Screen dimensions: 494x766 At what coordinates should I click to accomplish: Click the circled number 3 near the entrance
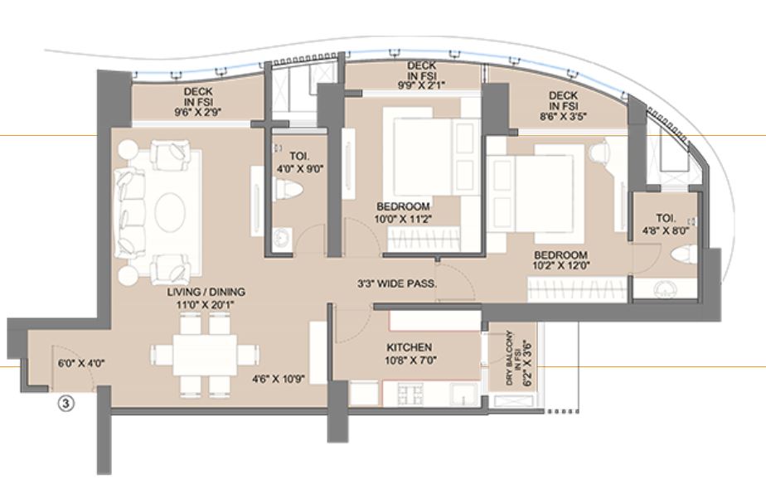pyautogui.click(x=65, y=404)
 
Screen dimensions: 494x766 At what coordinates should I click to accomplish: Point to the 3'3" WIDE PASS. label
pyautogui.click(x=397, y=283)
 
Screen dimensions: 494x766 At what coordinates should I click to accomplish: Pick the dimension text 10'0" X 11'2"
pyautogui.click(x=402, y=220)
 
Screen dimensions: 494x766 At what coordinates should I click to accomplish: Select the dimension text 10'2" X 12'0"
pyautogui.click(x=561, y=268)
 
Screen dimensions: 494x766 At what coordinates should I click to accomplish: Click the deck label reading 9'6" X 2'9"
pyautogui.click(x=196, y=109)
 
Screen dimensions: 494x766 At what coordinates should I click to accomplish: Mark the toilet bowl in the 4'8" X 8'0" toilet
pyautogui.click(x=683, y=254)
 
